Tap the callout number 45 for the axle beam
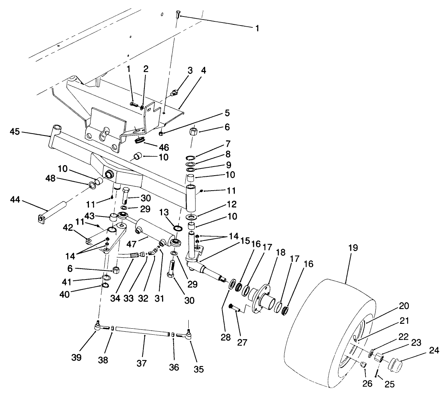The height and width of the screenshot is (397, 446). tap(15, 132)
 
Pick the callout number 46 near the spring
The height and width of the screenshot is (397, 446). tap(164, 147)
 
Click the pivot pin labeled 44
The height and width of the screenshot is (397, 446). tap(53, 212)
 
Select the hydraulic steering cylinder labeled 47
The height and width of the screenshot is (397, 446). tap(148, 229)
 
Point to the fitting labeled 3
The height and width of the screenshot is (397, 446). tap(174, 92)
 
